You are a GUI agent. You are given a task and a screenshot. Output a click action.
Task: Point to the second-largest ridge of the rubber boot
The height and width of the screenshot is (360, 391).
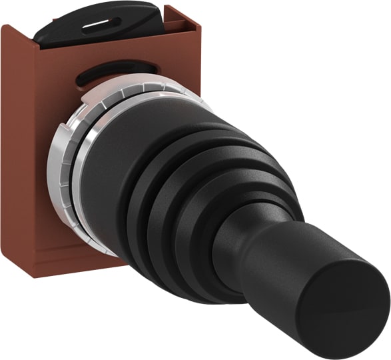pos(177,180)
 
